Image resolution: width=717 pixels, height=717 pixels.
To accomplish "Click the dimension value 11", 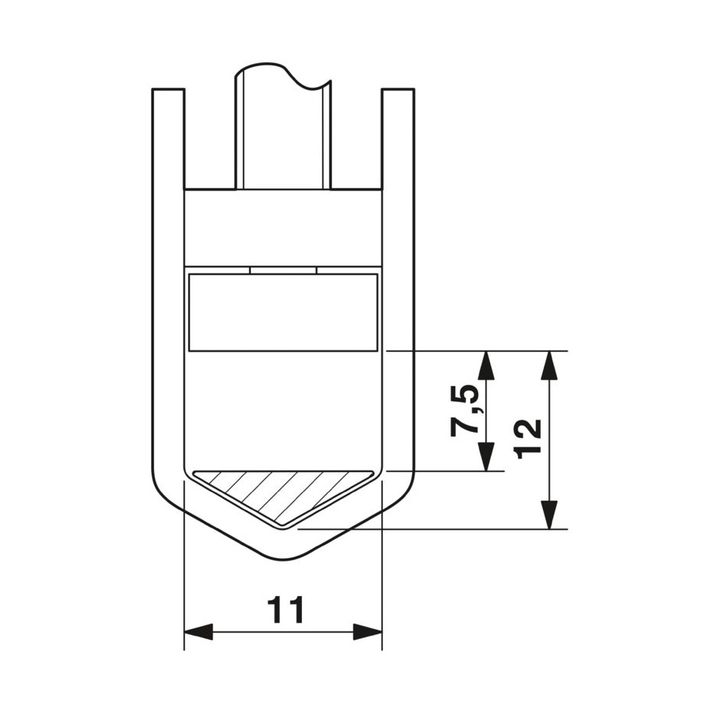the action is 286,609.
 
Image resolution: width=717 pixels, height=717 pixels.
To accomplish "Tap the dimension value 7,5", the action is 465,410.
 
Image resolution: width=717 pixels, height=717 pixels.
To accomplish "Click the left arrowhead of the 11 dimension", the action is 199,632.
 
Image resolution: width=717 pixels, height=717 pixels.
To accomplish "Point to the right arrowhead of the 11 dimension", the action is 367,632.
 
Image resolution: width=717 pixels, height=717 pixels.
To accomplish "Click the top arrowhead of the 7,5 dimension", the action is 486,365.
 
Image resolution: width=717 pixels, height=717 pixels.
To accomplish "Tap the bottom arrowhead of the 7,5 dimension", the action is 486,457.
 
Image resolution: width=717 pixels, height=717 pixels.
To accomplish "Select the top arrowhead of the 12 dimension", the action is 549,365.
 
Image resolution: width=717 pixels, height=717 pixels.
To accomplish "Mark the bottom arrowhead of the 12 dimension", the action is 549,515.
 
